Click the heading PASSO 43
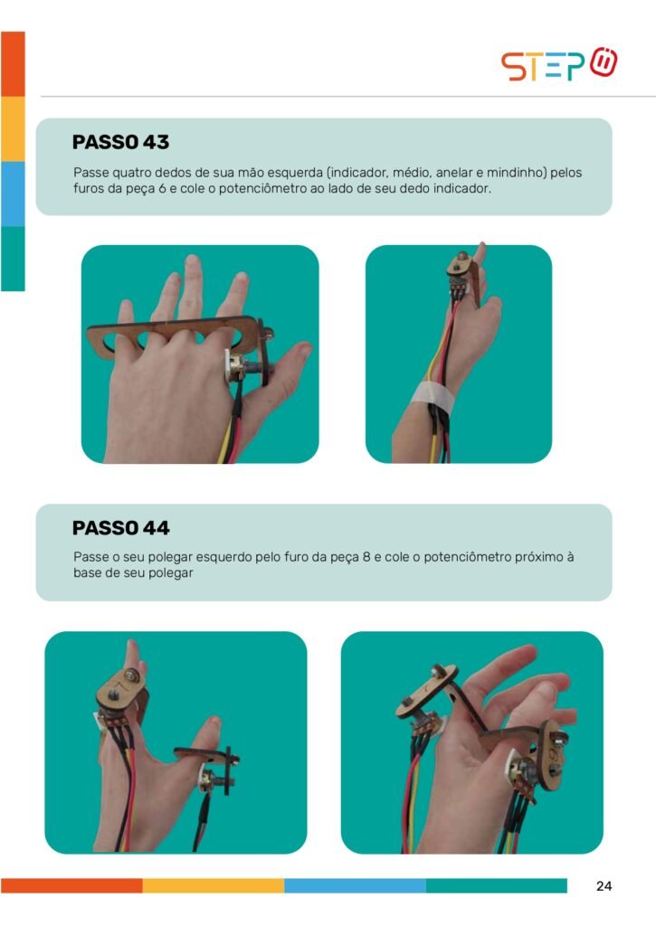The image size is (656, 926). [x=120, y=142]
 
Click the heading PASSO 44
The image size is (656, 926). [x=120, y=528]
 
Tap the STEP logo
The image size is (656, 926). [x=559, y=64]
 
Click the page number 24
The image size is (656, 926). [x=604, y=886]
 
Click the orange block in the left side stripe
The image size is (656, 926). [x=13, y=64]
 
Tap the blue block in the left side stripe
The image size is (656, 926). [x=13, y=194]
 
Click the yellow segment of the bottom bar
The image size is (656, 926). [x=214, y=886]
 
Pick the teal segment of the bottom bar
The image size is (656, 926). [x=497, y=886]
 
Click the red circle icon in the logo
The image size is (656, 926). [x=604, y=62]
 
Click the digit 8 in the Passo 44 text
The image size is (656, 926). [x=366, y=557]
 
